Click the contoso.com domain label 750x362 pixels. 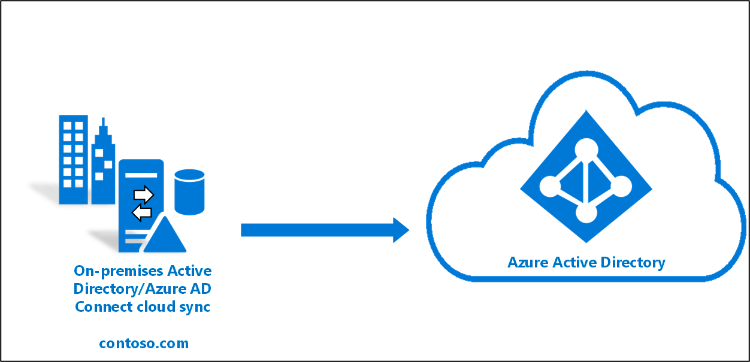(x=144, y=343)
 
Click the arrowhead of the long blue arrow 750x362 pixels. (x=401, y=230)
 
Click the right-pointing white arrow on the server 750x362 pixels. (x=144, y=194)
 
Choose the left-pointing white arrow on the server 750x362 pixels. (x=141, y=212)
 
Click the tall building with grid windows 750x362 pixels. (x=73, y=159)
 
